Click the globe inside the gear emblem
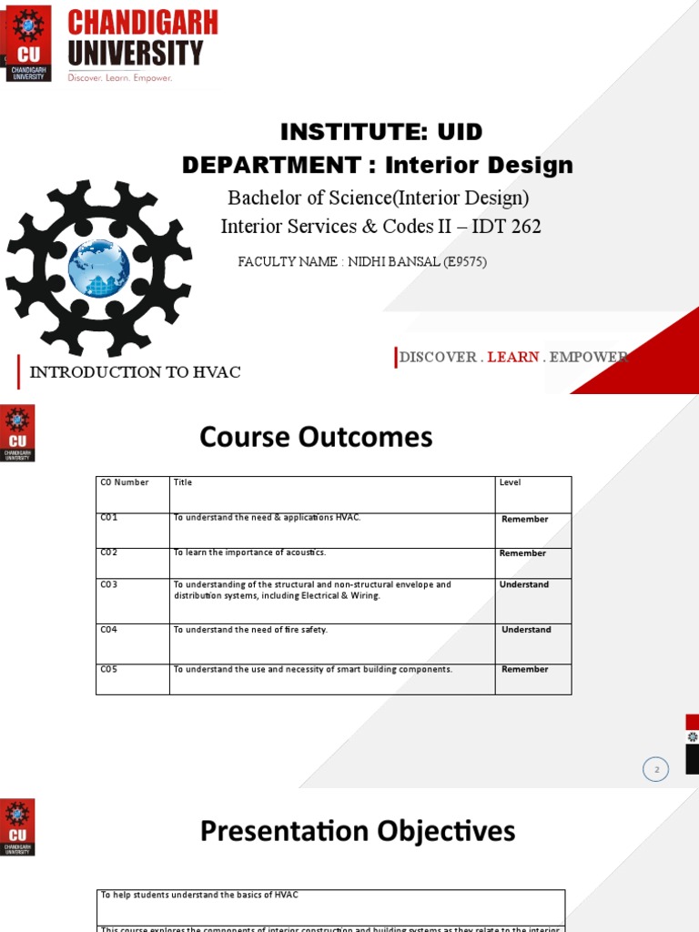pos(99,268)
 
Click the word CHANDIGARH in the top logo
pos(143,23)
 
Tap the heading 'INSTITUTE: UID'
pos(380,132)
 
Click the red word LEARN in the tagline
pos(513,357)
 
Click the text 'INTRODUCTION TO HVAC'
pos(136,372)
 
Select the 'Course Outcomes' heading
pos(316,438)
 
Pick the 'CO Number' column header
pos(125,482)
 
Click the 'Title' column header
pos(183,482)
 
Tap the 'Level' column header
pos(510,482)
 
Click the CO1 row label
pos(109,518)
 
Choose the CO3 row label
pos(109,584)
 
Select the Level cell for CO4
pos(526,630)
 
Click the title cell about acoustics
pos(249,552)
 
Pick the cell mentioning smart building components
pos(312,670)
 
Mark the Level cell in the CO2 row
pos(522,553)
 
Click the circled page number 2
pos(655,769)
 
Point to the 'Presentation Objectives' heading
pos(357,831)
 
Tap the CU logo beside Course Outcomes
pos(18,432)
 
